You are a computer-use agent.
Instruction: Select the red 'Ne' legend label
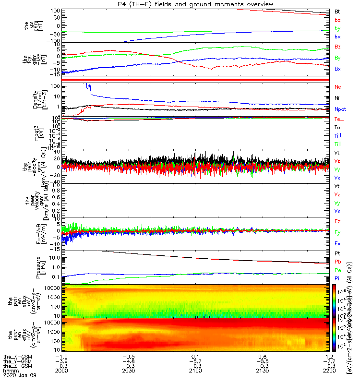pos(337,86)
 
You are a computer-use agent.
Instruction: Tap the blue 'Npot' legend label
pos(340,109)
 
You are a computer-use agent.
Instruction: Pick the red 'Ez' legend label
pos(337,221)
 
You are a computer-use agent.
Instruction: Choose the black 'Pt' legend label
pos(337,252)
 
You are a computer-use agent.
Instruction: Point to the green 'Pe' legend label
pos(337,270)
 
